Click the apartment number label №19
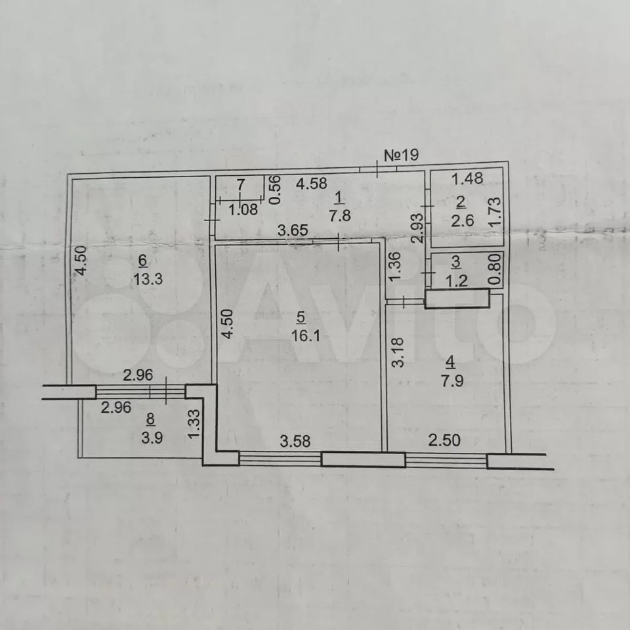click(402, 155)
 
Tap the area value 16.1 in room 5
click(306, 335)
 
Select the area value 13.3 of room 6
click(148, 278)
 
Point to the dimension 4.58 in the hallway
click(311, 184)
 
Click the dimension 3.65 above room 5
click(293, 230)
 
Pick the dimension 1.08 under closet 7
click(243, 209)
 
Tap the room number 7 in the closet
click(241, 185)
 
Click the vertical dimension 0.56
click(275, 190)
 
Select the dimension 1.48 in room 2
click(467, 178)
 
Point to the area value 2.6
click(463, 220)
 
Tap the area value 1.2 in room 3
click(457, 281)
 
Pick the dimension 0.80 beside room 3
click(496, 269)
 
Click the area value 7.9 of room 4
click(452, 381)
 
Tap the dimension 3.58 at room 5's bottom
click(295, 441)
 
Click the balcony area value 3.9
click(152, 438)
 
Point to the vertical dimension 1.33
click(194, 424)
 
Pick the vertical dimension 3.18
click(398, 352)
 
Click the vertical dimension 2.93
click(418, 228)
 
